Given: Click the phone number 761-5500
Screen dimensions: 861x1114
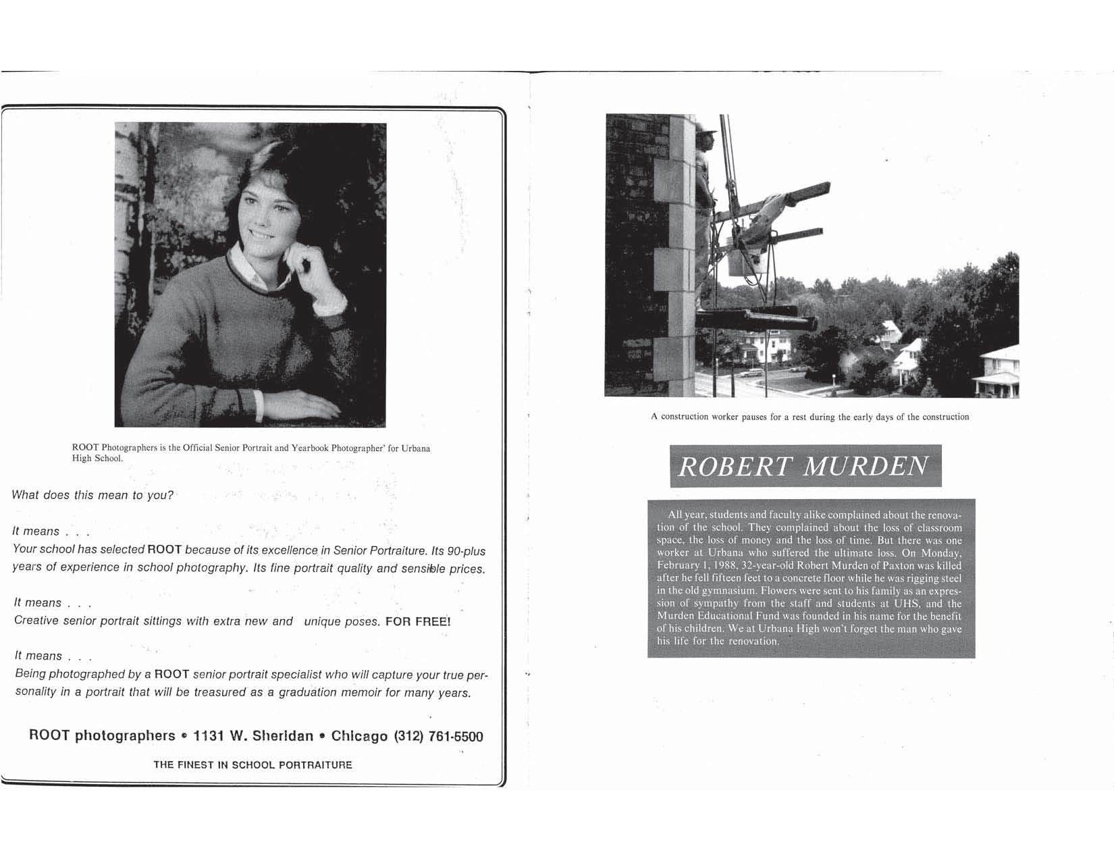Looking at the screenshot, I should [456, 736].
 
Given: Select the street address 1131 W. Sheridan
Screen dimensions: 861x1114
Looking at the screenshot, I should [253, 735].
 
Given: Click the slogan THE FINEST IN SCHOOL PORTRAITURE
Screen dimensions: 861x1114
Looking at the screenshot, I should [253, 765].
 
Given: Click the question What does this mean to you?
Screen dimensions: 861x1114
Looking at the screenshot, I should [92, 495].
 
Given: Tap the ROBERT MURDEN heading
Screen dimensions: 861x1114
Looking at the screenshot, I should [804, 466].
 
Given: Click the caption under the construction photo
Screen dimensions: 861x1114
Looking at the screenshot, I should [810, 417].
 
